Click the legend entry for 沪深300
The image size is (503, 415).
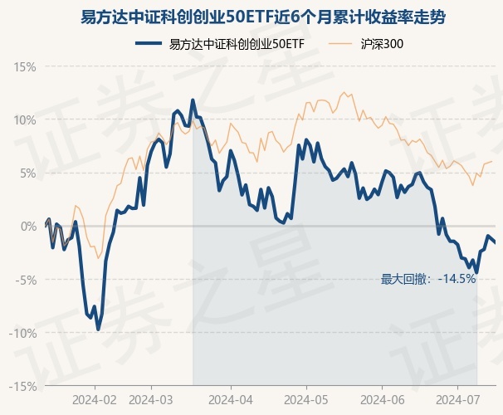tap(383, 44)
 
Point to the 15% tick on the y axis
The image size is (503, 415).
tap(25, 66)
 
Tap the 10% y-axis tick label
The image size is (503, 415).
tap(25, 120)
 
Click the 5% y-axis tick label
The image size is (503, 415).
tap(27, 173)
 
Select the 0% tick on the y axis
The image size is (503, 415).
tap(27, 226)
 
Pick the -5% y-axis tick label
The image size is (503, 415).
tap(26, 280)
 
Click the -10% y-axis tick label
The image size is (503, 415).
tap(23, 333)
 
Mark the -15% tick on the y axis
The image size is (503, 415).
tap(23, 386)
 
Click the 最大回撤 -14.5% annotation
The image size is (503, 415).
tap(428, 279)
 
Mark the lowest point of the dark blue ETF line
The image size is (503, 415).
tap(98, 330)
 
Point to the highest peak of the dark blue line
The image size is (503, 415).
tap(193, 100)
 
